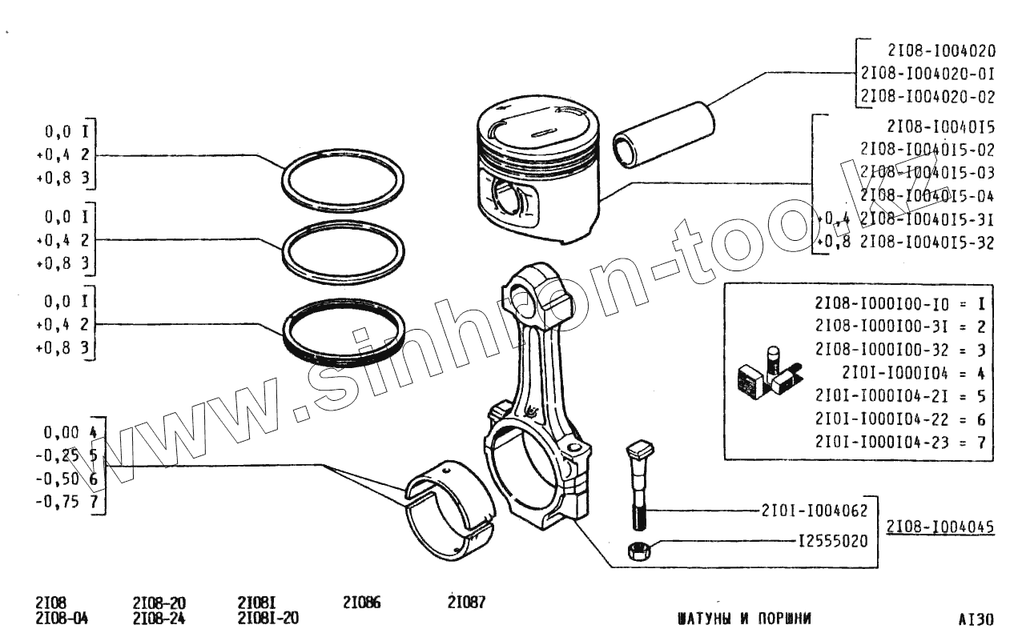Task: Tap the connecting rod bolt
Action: pos(639,485)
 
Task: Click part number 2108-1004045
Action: pos(940,527)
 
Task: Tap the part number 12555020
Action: pos(832,542)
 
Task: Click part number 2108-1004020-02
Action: pos(927,97)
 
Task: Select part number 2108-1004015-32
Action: pos(927,242)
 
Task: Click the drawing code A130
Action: pos(976,619)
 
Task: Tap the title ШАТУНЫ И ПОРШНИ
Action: pos(744,619)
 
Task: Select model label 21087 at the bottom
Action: pos(466,603)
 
